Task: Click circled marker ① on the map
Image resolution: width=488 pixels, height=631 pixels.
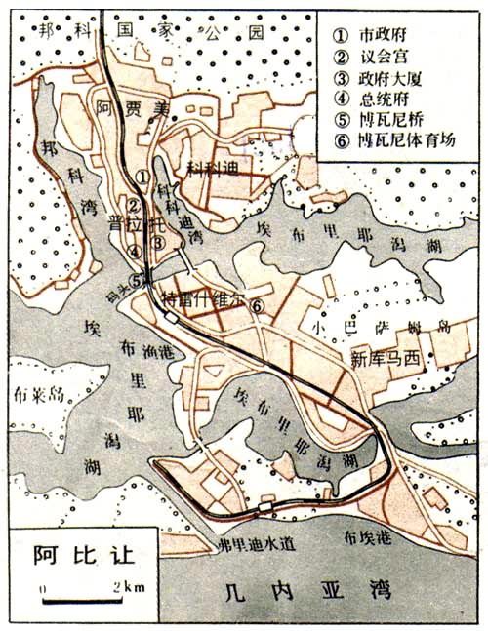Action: click(142, 177)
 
